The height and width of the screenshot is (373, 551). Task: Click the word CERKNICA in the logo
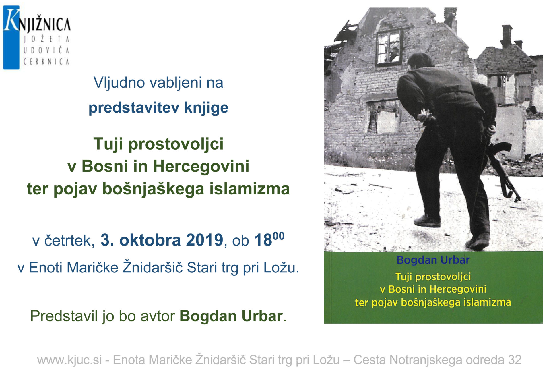coord(46,62)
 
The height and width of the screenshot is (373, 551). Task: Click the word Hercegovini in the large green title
coord(201,166)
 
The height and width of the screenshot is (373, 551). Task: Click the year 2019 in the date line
coord(204,240)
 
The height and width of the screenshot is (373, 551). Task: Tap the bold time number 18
coord(263,240)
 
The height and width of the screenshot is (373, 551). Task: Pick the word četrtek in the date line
coord(69,240)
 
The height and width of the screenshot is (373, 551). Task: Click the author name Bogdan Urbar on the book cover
coord(433,260)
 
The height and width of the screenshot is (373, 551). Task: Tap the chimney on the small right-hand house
coord(507,36)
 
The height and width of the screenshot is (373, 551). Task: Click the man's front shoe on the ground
coord(427,221)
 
